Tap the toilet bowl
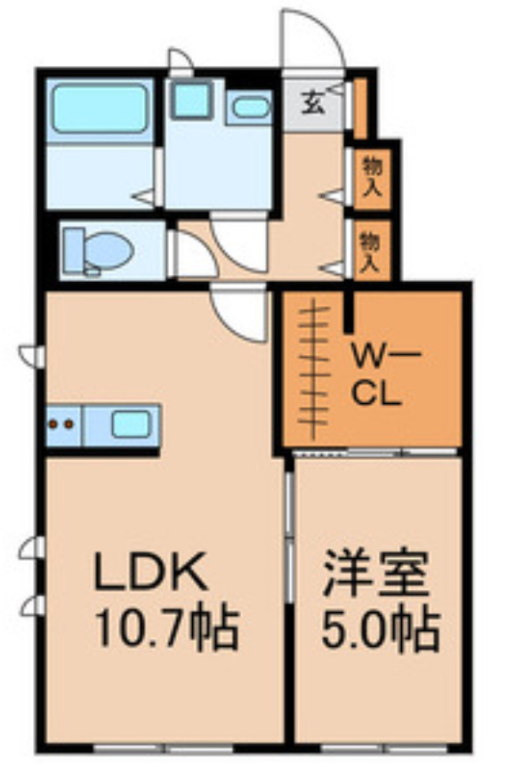(107, 249)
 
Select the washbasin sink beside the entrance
(250, 108)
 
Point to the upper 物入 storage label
(371, 177)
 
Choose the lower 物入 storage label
(371, 251)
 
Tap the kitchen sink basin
(130, 424)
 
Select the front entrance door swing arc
(311, 40)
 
